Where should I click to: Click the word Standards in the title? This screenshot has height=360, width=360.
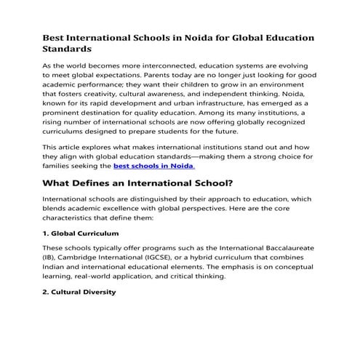click(67, 49)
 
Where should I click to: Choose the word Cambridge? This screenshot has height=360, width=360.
click(84, 258)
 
